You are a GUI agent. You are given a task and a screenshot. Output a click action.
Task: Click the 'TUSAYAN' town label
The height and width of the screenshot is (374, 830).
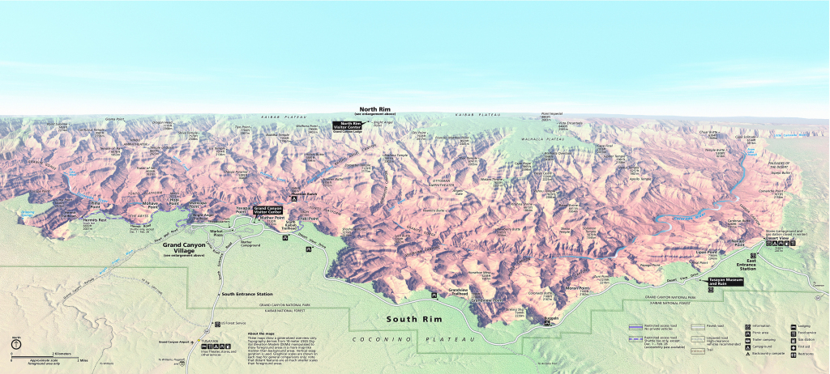pos(211,340)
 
